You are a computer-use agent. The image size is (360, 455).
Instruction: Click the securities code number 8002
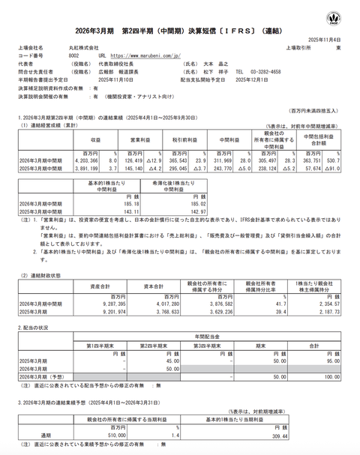pos(73,55)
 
